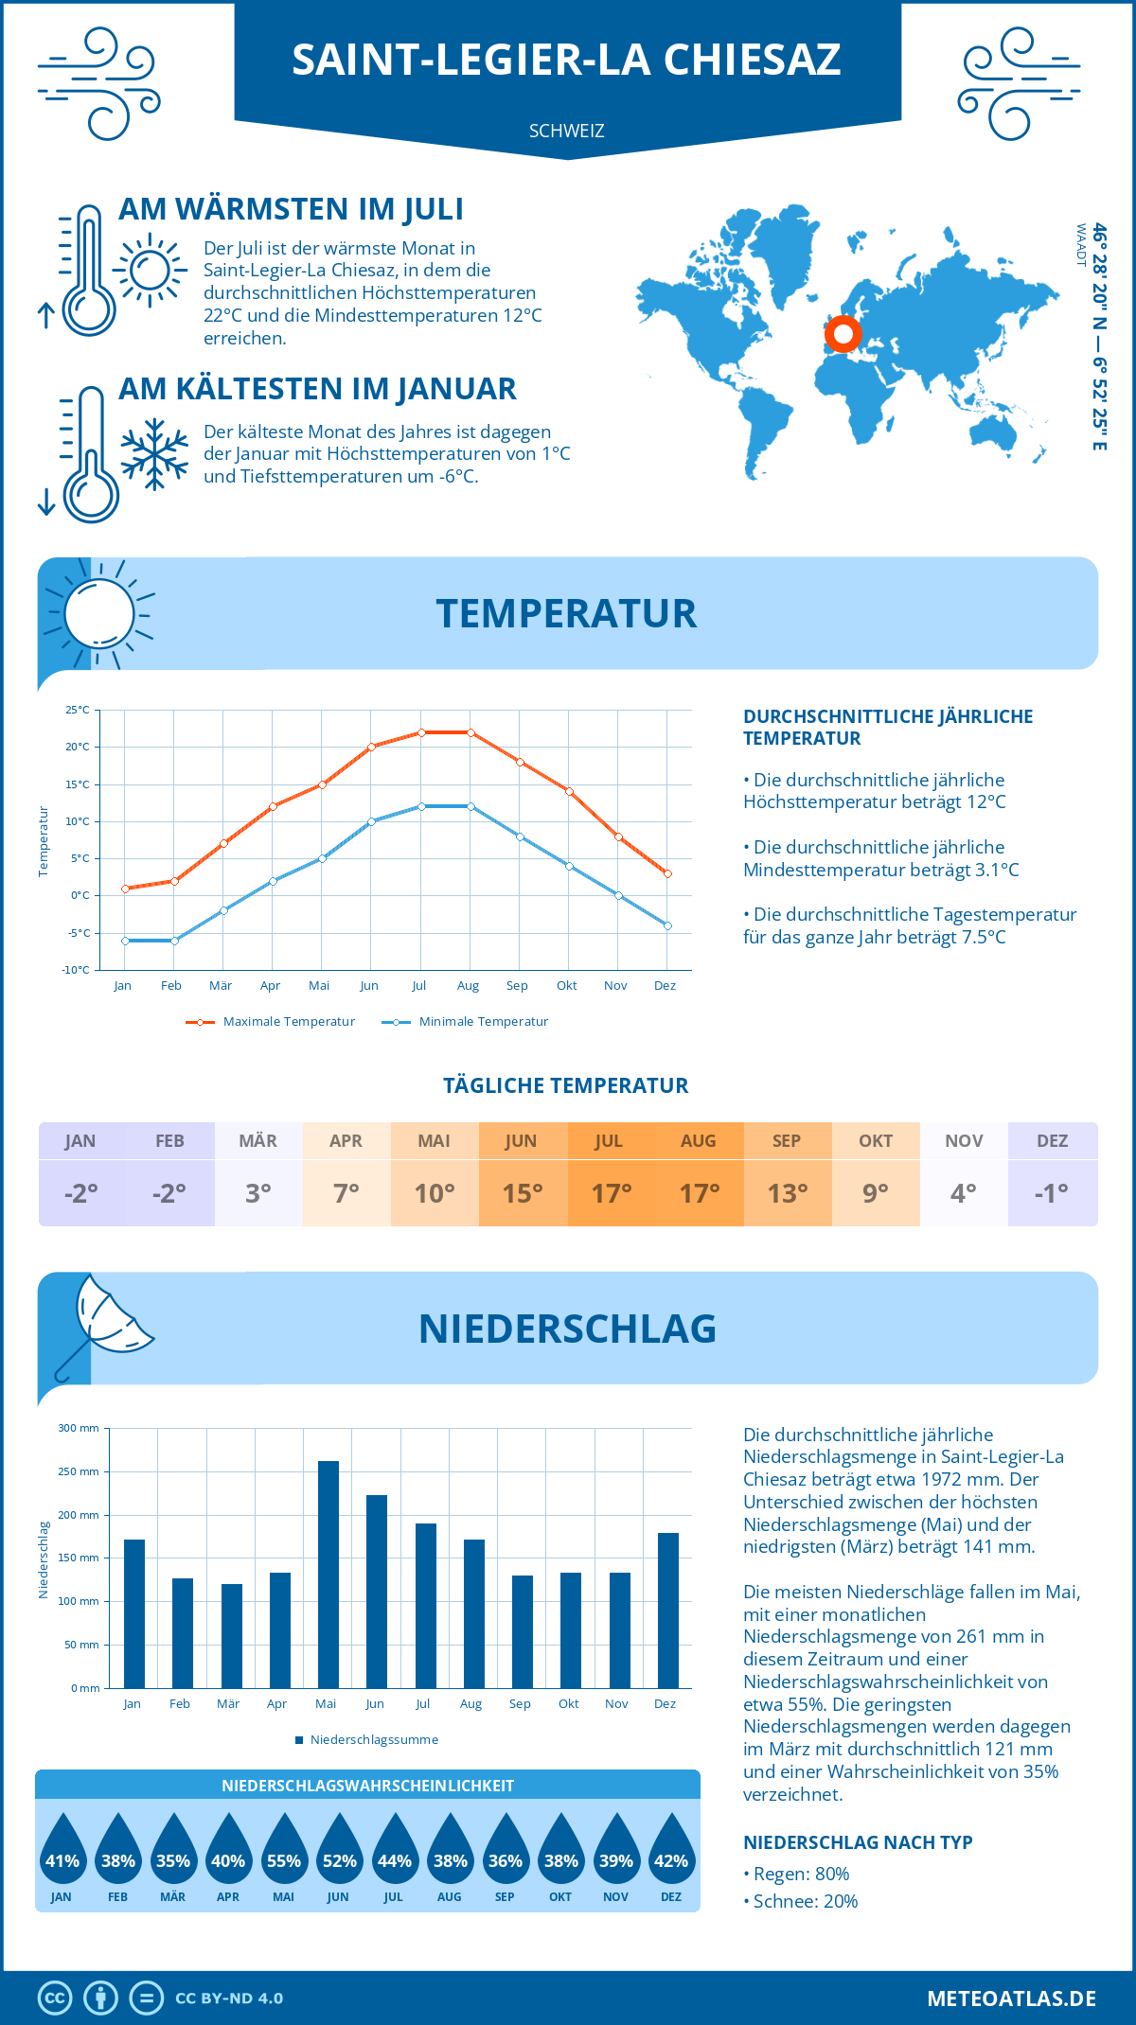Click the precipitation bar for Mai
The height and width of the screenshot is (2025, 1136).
328,1575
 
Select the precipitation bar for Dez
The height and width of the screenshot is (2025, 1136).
668,1611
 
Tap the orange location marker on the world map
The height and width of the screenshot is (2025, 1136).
842,334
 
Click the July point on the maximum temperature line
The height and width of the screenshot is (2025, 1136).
421,732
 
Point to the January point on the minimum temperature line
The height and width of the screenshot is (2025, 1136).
125,941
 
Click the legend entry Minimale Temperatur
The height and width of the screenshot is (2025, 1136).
465,1022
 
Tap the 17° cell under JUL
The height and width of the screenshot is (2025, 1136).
611,1193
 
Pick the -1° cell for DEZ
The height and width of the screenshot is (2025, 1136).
1052,1193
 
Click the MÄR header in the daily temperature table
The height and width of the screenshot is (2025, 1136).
258,1141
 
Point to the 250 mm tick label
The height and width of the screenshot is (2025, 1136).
79,1471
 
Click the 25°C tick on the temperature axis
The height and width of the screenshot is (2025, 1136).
78,710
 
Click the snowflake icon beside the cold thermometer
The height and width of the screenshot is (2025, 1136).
154,454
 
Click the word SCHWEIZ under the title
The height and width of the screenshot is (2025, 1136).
566,131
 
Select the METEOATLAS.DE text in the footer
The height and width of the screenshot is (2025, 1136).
1011,1999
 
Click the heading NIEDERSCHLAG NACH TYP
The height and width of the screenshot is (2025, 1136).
858,1842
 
